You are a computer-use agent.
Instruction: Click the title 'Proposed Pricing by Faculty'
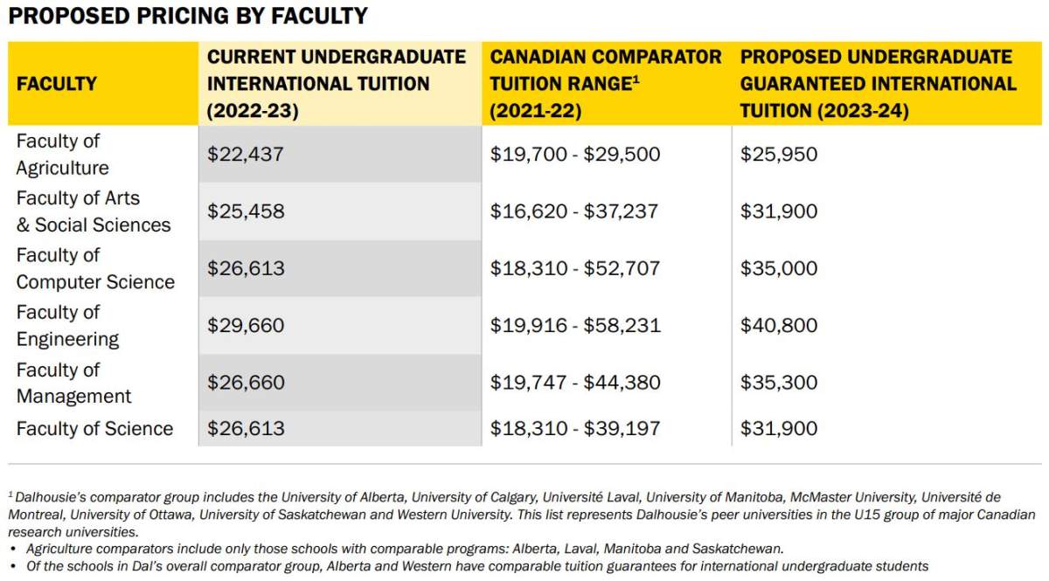[188, 16]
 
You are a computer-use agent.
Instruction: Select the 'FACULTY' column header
[57, 84]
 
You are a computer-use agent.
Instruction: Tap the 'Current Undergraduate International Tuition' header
[337, 84]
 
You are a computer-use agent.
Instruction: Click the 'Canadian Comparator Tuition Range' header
[605, 84]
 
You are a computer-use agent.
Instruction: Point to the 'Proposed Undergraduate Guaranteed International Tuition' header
[878, 84]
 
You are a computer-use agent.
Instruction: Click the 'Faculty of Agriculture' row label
[62, 155]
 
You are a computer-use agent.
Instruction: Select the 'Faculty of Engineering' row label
[67, 326]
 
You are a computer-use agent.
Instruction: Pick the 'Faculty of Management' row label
[73, 383]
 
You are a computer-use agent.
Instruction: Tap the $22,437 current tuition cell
[246, 155]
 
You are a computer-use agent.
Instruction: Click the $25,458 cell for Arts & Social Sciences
[246, 211]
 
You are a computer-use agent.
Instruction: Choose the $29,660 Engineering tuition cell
[246, 326]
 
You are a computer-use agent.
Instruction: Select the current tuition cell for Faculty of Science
[246, 428]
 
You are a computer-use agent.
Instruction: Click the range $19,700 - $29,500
[574, 155]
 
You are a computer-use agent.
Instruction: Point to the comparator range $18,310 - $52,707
[574, 268]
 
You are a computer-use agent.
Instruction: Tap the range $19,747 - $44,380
[574, 383]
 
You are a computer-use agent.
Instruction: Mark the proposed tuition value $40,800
[779, 326]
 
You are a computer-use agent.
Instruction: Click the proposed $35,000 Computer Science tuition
[779, 268]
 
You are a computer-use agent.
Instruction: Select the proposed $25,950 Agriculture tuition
[779, 155]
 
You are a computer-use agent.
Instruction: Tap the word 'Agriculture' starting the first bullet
[60, 549]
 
